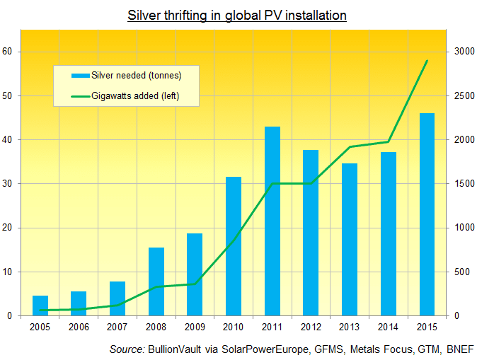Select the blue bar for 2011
272,221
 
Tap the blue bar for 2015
427,214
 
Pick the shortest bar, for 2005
40,306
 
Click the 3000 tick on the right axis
464,52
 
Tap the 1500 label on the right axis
464,184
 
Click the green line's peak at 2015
427,61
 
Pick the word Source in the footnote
126,350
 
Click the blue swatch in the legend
80,76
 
